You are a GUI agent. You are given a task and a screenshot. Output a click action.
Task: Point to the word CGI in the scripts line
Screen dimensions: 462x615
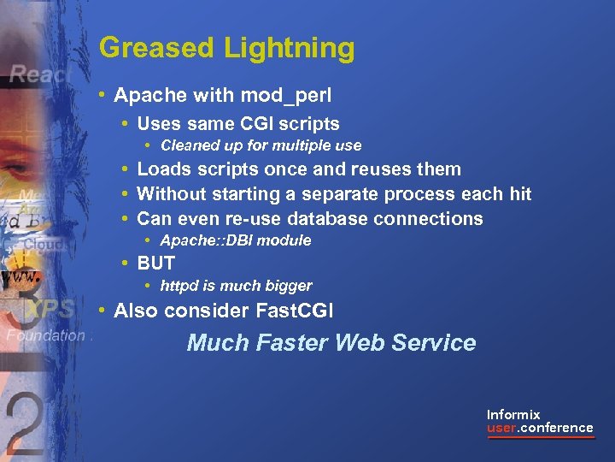pos(258,123)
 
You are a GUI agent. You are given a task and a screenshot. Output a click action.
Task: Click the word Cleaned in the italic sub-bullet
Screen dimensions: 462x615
pos(189,145)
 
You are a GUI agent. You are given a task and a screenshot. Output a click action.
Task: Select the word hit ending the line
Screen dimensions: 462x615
pos(518,194)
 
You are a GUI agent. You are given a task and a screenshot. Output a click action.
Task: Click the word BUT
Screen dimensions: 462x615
pos(156,264)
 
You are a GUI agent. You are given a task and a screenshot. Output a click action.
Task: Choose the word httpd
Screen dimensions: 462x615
pos(181,286)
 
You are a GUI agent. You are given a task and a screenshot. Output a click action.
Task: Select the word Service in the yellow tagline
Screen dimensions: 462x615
pos(433,343)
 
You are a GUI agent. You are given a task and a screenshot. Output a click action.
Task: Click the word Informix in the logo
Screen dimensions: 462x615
pos(513,414)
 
